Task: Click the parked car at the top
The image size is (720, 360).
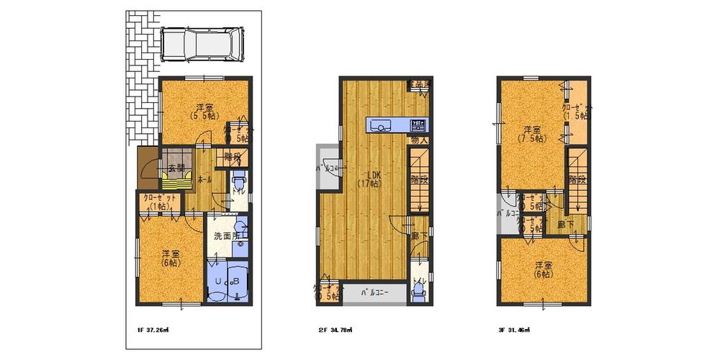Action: (202, 45)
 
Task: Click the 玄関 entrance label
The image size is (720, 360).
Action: (175, 168)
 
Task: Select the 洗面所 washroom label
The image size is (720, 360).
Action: (225, 236)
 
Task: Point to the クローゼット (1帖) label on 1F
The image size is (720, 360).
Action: (158, 202)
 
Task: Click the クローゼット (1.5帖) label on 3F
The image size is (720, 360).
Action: (576, 111)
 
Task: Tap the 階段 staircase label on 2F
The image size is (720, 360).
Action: (419, 180)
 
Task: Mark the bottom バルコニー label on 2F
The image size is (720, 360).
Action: (374, 293)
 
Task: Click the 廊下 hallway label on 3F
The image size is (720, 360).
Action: (565, 224)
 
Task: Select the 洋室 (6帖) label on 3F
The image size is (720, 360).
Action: (543, 270)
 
